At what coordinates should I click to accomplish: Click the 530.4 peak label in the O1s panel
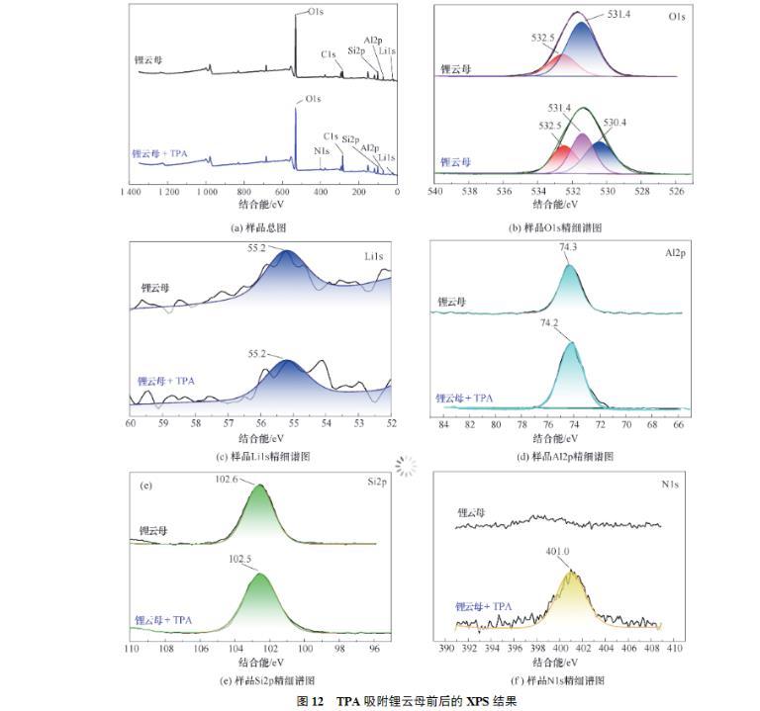(x=615, y=123)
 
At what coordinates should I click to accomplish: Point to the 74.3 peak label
(x=568, y=253)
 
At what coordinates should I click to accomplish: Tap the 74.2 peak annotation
(x=551, y=323)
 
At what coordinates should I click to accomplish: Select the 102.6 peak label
(x=242, y=479)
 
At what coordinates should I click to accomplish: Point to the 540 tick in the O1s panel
(x=435, y=192)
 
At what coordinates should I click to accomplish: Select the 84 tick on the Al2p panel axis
(x=443, y=424)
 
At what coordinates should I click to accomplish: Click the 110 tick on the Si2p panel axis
(x=131, y=649)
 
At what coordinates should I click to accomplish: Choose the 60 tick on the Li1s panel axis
(x=131, y=423)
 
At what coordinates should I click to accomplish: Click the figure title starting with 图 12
(x=381, y=701)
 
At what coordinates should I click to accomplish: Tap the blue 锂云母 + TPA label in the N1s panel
(x=484, y=606)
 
